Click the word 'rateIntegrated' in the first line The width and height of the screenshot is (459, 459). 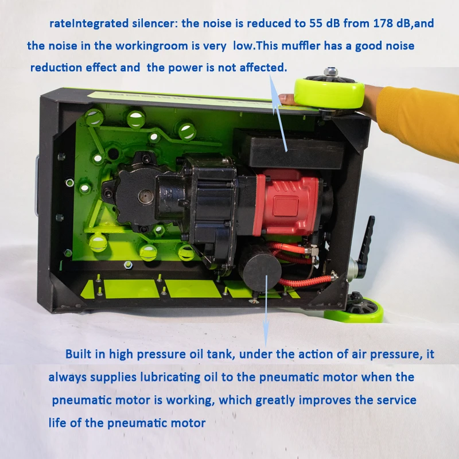(87, 24)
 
